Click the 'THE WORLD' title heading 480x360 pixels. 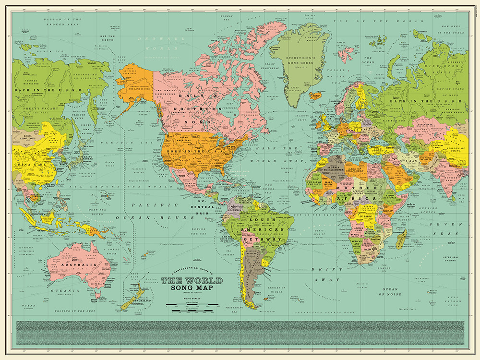click(x=192, y=281)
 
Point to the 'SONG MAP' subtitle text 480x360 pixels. click(x=192, y=288)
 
